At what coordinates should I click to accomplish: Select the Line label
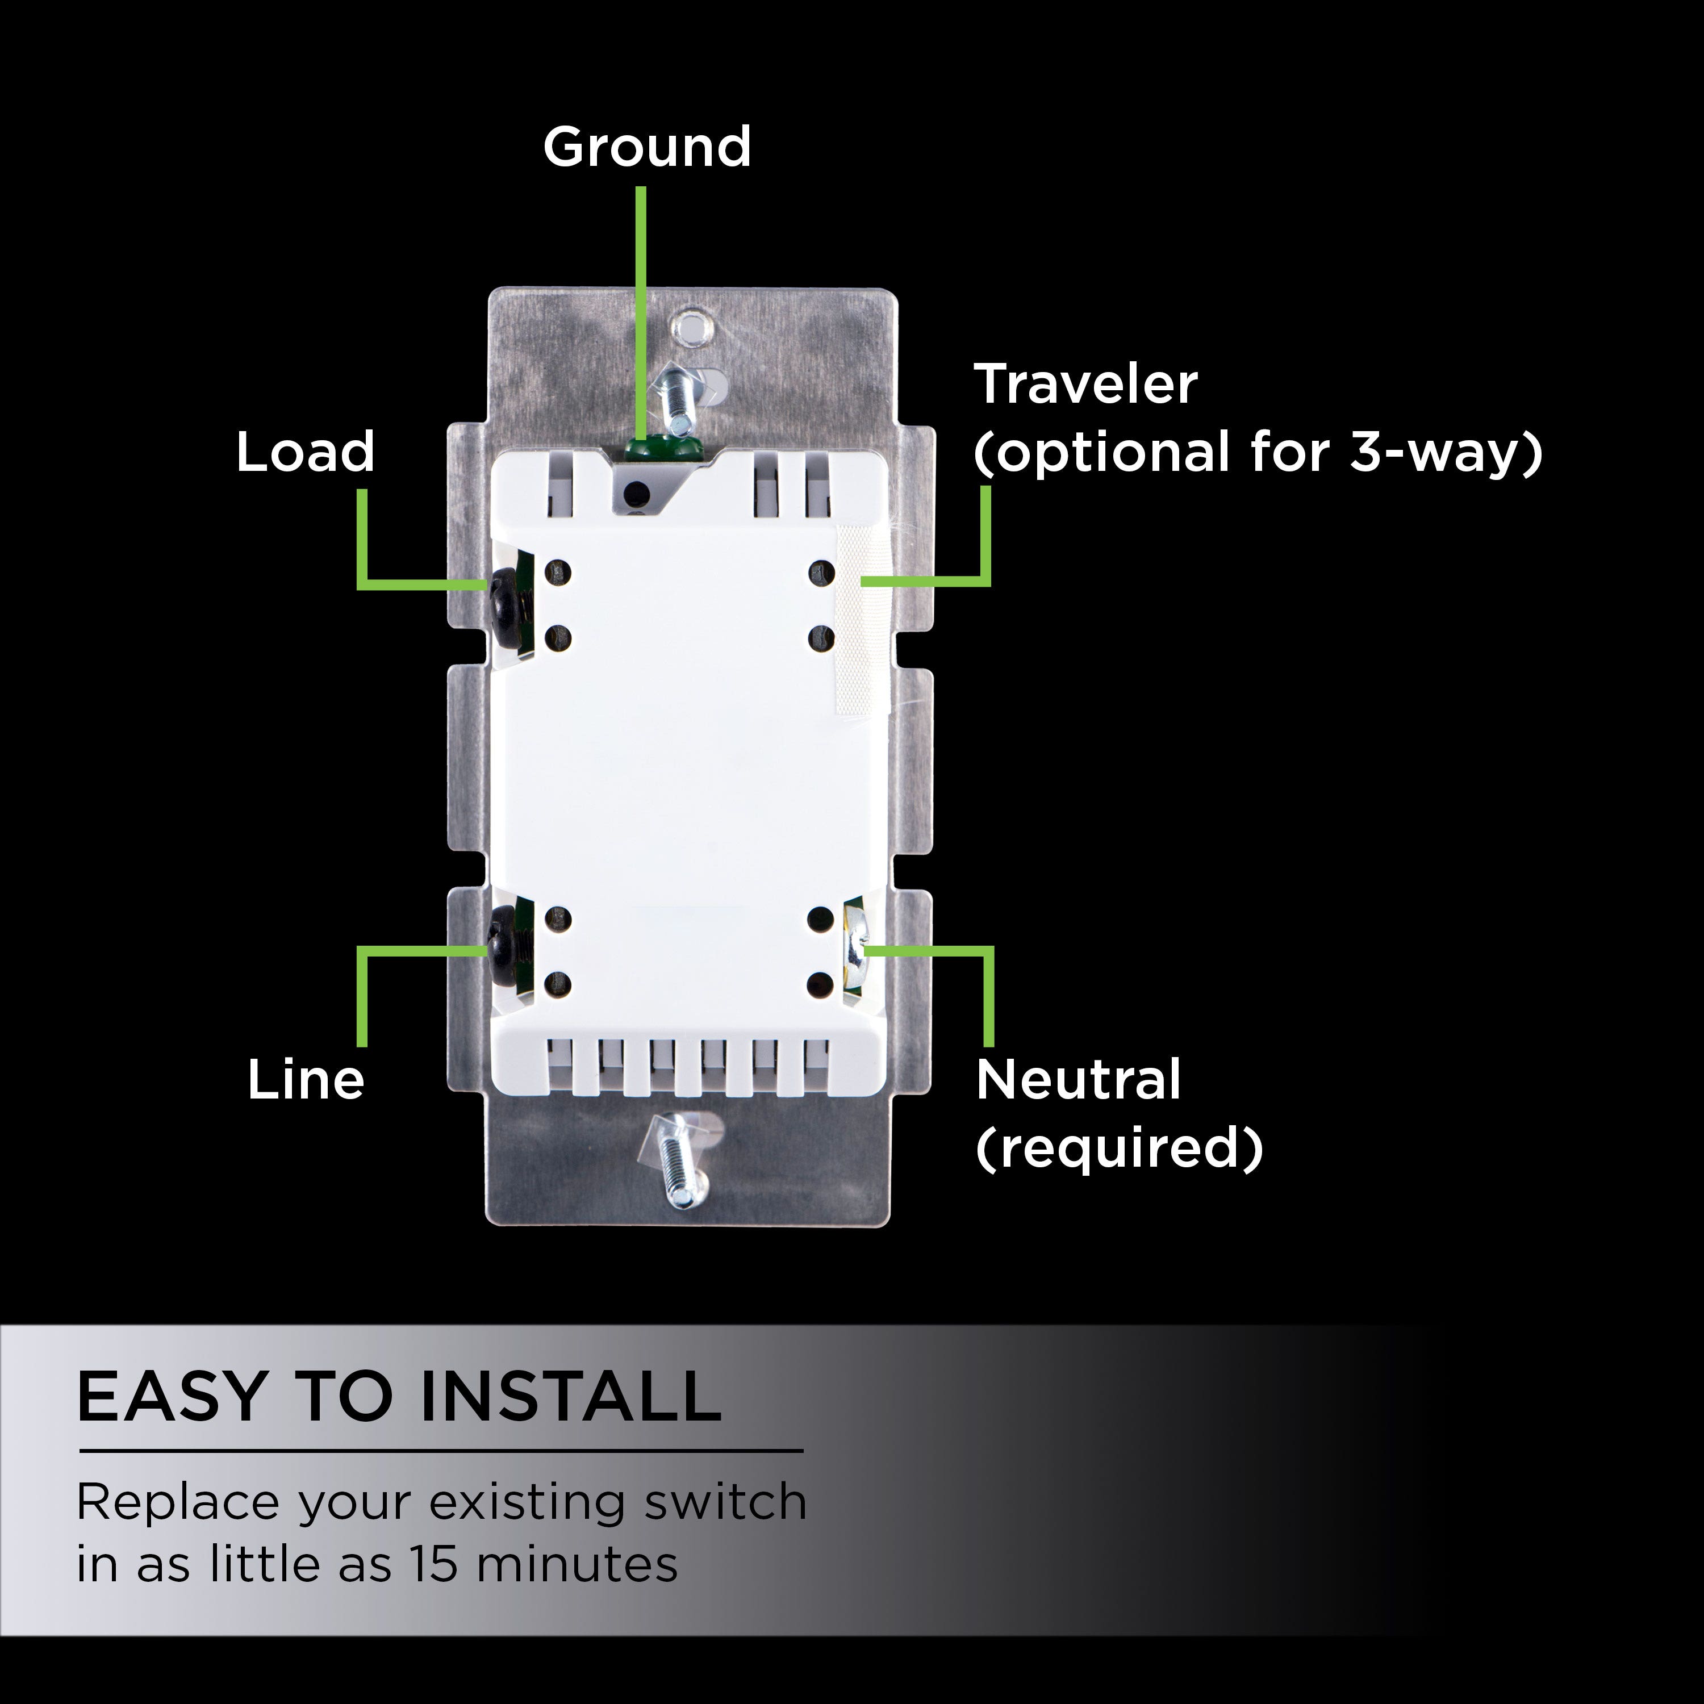[305, 1080]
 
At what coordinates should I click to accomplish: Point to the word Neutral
[1078, 1080]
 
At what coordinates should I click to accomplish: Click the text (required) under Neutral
[1119, 1147]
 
